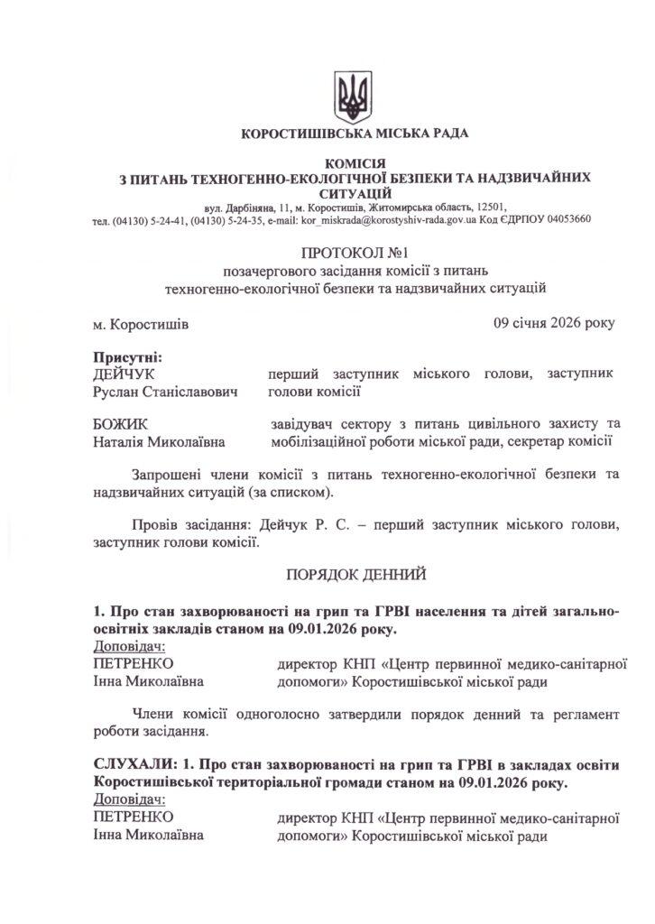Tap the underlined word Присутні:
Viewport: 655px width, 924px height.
127,357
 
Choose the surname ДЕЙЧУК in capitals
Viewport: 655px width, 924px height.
125,374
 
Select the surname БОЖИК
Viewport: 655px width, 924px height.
121,423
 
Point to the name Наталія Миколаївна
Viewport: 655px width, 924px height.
160,441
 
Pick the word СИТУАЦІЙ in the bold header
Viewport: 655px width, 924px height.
355,193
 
